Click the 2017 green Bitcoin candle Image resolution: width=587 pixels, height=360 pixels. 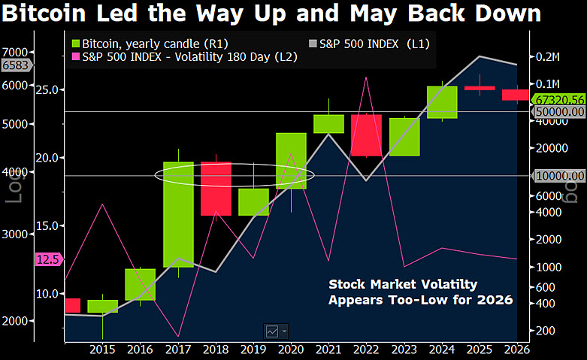pos(178,214)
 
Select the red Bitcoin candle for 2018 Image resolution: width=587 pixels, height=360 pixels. pos(215,189)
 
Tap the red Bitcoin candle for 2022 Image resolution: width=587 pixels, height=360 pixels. pos(366,135)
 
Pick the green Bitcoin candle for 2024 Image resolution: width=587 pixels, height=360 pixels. pos(442,102)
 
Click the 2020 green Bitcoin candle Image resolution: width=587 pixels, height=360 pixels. pos(291,161)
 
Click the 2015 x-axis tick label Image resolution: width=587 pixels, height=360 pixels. pos(102,349)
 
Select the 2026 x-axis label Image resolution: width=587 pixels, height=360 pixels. pos(515,349)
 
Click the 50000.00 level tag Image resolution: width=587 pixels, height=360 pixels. pos(559,112)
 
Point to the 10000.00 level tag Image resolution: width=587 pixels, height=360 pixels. pos(559,176)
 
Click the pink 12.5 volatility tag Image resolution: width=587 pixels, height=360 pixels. pos(47,259)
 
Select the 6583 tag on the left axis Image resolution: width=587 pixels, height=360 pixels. pos(15,65)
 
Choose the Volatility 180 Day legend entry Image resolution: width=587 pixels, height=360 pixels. pos(185,58)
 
